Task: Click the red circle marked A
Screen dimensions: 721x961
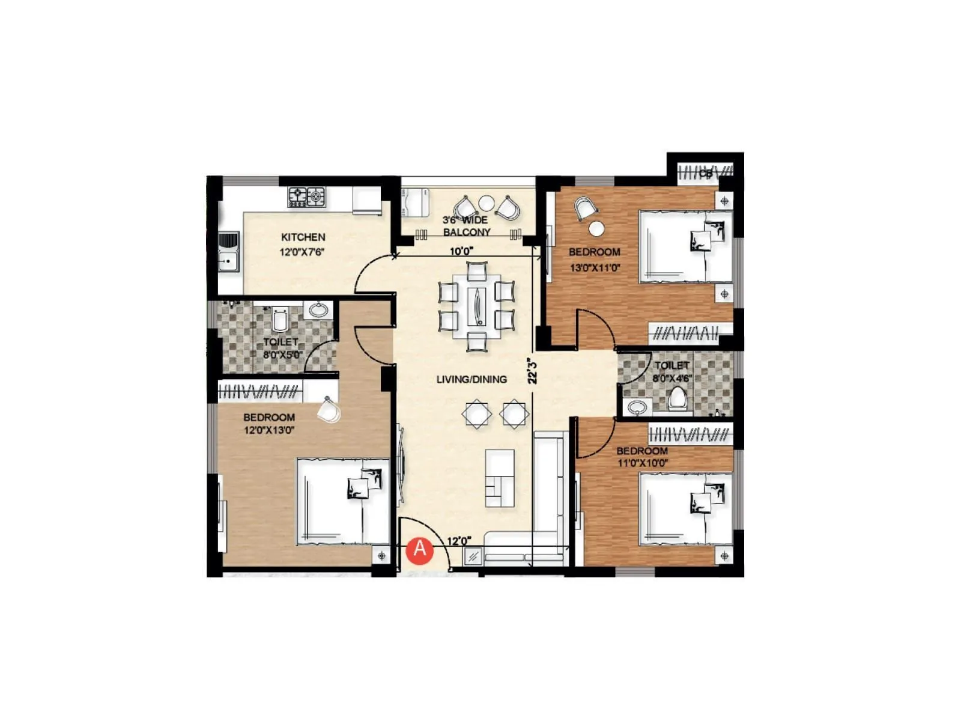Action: [420, 550]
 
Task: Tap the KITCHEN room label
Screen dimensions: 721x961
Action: [303, 237]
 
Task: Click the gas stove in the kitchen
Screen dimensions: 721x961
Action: [307, 196]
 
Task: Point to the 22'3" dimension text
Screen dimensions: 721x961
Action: [532, 371]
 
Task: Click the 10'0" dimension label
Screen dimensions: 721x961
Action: [462, 251]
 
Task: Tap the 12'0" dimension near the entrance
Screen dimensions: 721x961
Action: [459, 541]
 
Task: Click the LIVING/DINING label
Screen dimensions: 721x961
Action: [471, 379]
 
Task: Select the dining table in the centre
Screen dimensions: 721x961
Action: [477, 306]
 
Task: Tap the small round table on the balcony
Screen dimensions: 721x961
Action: [486, 203]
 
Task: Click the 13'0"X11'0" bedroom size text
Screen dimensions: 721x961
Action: [595, 268]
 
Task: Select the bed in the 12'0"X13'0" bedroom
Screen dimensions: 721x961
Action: [343, 502]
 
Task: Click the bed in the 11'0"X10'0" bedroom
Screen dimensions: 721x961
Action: [685, 508]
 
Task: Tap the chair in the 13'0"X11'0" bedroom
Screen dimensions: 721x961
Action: [586, 209]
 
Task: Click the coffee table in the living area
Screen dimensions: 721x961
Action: [500, 478]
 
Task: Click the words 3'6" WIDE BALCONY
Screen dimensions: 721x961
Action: [467, 226]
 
